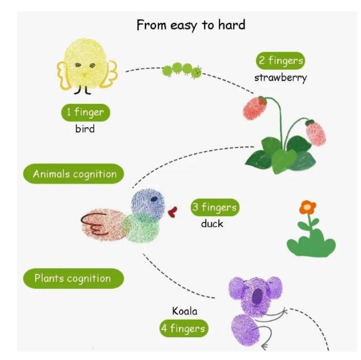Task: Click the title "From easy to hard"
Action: [x=191, y=25]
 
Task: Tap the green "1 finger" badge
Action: [x=86, y=112]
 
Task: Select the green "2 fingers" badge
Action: [x=280, y=62]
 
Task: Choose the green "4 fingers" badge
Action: [x=183, y=329]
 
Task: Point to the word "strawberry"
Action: [x=280, y=78]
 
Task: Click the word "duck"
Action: [x=212, y=224]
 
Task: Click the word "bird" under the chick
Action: [x=85, y=129]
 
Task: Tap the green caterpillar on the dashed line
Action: [x=182, y=70]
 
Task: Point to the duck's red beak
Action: [x=173, y=212]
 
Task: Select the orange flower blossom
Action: [x=308, y=206]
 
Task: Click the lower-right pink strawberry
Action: [x=316, y=132]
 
